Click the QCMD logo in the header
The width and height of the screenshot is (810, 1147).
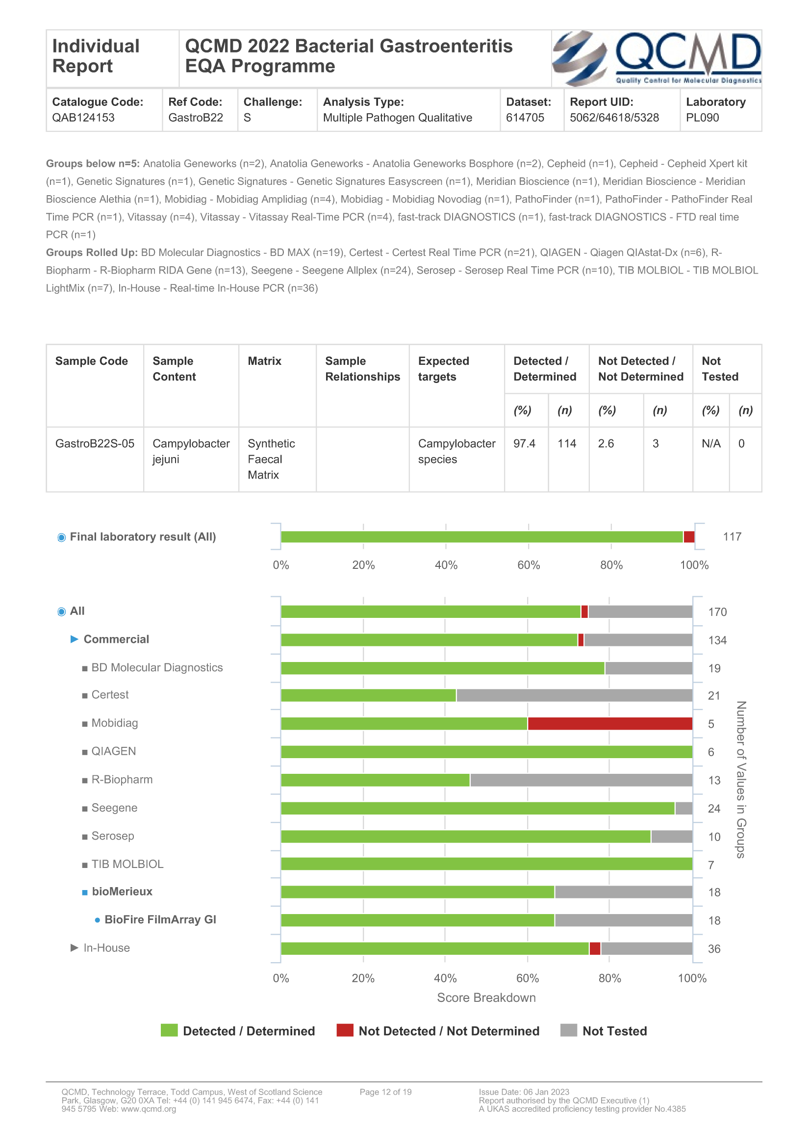tap(656, 58)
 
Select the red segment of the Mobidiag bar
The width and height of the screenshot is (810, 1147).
tap(610, 723)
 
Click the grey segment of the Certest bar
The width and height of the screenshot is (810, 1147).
tap(574, 695)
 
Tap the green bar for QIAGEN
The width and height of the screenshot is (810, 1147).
tap(486, 752)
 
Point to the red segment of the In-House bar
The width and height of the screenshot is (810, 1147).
tap(595, 949)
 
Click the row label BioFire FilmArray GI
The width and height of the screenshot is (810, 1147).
tap(160, 919)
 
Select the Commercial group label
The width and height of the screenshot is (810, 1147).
tap(116, 639)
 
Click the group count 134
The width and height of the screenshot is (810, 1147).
tap(717, 640)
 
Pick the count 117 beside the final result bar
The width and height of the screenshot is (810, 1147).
tap(732, 537)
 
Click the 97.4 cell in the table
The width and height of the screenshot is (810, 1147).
tap(524, 444)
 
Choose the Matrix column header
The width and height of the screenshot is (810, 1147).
tap(264, 361)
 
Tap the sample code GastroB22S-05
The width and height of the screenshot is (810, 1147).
tap(95, 444)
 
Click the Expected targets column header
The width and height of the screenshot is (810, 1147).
tap(443, 369)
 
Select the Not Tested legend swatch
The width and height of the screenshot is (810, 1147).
tap(568, 1031)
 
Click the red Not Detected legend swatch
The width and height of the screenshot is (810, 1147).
tap(345, 1031)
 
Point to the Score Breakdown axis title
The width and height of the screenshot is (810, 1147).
tap(486, 997)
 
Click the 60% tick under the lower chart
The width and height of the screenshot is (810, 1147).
tap(528, 978)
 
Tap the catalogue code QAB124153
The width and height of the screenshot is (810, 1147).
tap(83, 118)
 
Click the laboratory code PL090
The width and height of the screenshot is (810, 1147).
tap(702, 118)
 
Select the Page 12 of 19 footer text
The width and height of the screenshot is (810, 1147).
tap(385, 1092)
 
